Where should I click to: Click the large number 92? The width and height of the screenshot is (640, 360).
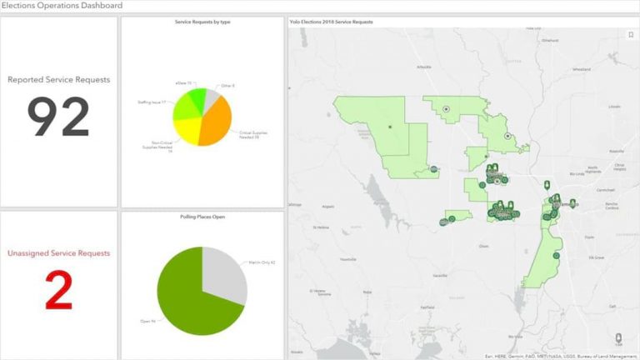(x=58, y=117)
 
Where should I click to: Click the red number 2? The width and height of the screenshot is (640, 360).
(x=58, y=291)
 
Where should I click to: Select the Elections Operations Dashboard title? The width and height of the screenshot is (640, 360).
(x=62, y=6)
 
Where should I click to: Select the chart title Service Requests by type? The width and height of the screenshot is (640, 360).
(x=202, y=22)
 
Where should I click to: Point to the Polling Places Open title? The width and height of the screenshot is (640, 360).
(x=202, y=217)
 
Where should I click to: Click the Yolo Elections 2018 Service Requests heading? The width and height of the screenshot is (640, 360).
(x=331, y=22)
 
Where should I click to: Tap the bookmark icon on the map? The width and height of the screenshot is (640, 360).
(x=630, y=35)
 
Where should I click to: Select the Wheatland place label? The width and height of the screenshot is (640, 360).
(x=581, y=69)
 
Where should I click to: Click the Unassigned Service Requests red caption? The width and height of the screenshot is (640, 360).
(x=58, y=252)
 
